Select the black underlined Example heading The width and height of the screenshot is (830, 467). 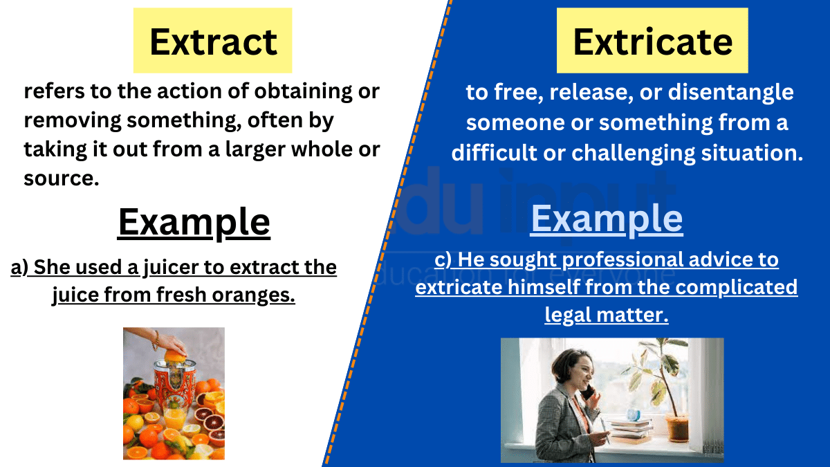tap(194, 222)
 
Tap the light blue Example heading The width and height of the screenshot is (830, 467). tap(607, 219)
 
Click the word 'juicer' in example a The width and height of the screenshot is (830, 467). tap(169, 267)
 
